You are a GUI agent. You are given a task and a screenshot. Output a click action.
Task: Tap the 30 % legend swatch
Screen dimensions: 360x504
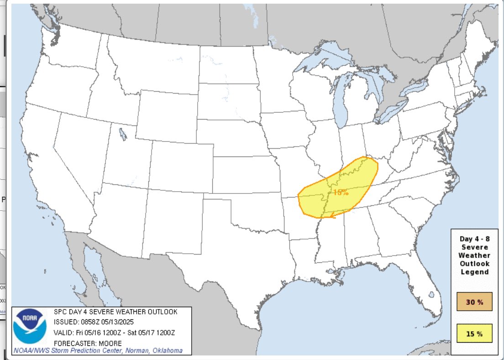[x=474, y=302]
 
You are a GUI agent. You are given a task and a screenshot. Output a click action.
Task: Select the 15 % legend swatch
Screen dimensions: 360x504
[x=474, y=334]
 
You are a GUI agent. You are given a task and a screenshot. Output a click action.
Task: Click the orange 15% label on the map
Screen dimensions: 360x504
[x=341, y=192]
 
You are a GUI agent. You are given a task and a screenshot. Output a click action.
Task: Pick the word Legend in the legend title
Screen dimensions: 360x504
[x=474, y=272]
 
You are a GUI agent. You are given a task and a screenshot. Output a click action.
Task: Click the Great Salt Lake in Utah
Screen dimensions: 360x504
[x=122, y=135]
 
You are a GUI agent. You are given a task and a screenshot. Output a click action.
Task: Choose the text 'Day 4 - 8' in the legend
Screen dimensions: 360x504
[x=474, y=239]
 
